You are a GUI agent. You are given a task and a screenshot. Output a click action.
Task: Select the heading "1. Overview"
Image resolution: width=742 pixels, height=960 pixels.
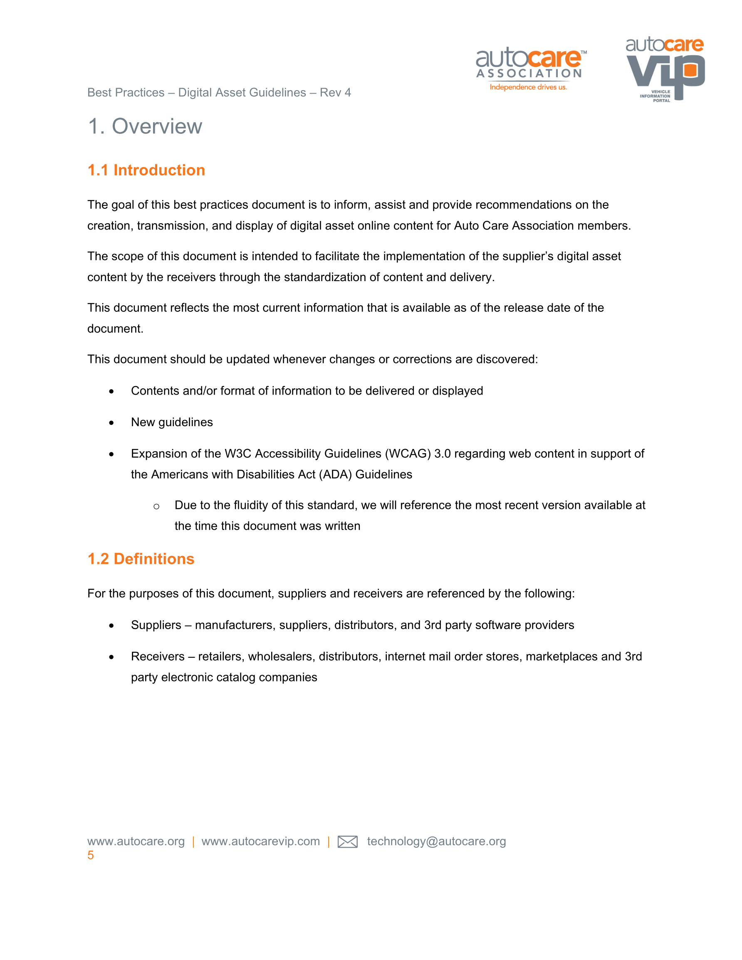(145, 126)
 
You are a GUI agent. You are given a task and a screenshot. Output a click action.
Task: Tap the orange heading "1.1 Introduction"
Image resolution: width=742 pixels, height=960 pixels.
(146, 170)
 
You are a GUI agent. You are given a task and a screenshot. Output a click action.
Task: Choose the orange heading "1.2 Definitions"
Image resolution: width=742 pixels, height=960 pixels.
(141, 559)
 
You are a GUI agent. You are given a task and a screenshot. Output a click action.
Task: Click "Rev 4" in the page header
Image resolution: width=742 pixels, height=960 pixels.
(335, 93)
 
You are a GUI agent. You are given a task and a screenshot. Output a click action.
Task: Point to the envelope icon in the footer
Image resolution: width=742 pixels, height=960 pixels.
(347, 842)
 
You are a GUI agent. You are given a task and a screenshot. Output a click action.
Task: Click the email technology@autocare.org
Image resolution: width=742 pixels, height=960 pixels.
(436, 842)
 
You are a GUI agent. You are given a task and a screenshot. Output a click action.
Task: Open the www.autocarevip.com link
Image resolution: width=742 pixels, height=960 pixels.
(260, 842)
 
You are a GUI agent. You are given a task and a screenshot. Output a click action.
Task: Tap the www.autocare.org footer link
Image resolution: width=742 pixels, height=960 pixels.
(136, 842)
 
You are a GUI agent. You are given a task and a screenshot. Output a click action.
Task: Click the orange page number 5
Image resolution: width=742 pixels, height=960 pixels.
(91, 855)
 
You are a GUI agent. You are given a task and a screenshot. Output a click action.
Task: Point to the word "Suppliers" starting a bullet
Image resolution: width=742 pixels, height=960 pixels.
(156, 625)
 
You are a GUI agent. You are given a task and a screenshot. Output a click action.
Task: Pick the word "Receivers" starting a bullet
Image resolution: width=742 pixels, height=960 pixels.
(158, 657)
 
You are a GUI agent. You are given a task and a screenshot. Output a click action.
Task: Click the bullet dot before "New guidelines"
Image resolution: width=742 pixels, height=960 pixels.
(112, 423)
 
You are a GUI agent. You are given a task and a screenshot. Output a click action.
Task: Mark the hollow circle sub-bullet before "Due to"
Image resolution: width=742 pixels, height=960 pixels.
(156, 506)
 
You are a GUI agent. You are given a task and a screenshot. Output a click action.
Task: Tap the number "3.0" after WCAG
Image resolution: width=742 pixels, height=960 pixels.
(443, 454)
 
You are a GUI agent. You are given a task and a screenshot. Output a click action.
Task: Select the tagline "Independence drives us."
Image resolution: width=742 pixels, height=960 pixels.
(528, 87)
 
